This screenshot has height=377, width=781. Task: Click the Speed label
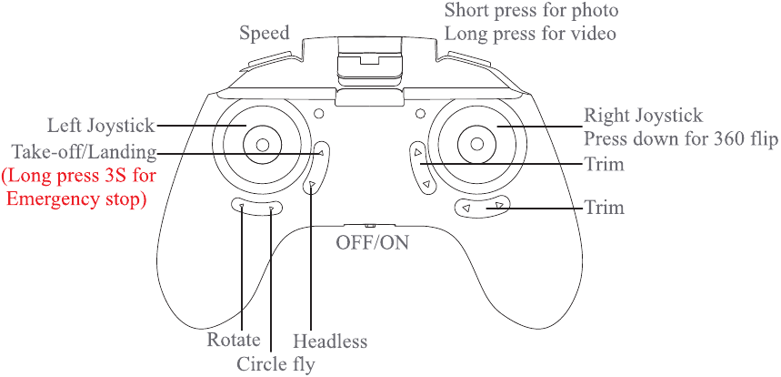point(264,34)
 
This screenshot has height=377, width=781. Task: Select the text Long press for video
point(530,34)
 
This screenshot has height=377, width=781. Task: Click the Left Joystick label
point(101,127)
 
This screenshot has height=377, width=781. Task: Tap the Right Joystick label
point(644,117)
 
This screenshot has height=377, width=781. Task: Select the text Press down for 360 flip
point(681,139)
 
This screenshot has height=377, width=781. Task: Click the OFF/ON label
point(373,243)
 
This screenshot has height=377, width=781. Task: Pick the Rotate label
point(234,340)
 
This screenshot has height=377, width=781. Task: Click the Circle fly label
point(275,364)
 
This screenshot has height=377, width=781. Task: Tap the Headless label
point(330,341)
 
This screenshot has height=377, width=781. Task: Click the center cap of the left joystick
point(263,145)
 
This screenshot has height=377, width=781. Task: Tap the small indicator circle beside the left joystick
point(319,113)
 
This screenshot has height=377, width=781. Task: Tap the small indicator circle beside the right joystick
point(420,113)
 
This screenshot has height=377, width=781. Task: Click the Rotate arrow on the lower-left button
point(242,205)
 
